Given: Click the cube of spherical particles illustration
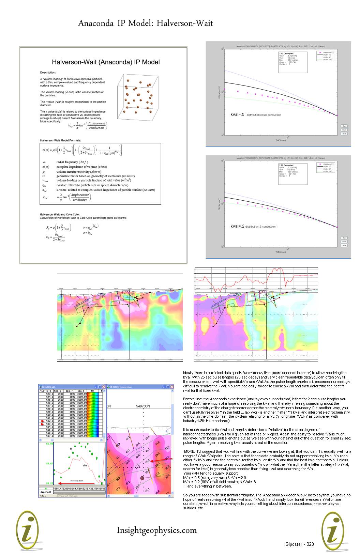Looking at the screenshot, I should (138, 97).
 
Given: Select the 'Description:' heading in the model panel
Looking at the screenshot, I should (48, 73).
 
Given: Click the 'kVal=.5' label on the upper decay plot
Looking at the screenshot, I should (237, 115).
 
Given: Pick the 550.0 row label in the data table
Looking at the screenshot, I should (50, 415).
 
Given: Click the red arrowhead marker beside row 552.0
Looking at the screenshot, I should (42, 421).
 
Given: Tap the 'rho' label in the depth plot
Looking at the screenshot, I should (85, 465).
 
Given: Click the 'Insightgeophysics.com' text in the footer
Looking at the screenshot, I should (157, 530).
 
